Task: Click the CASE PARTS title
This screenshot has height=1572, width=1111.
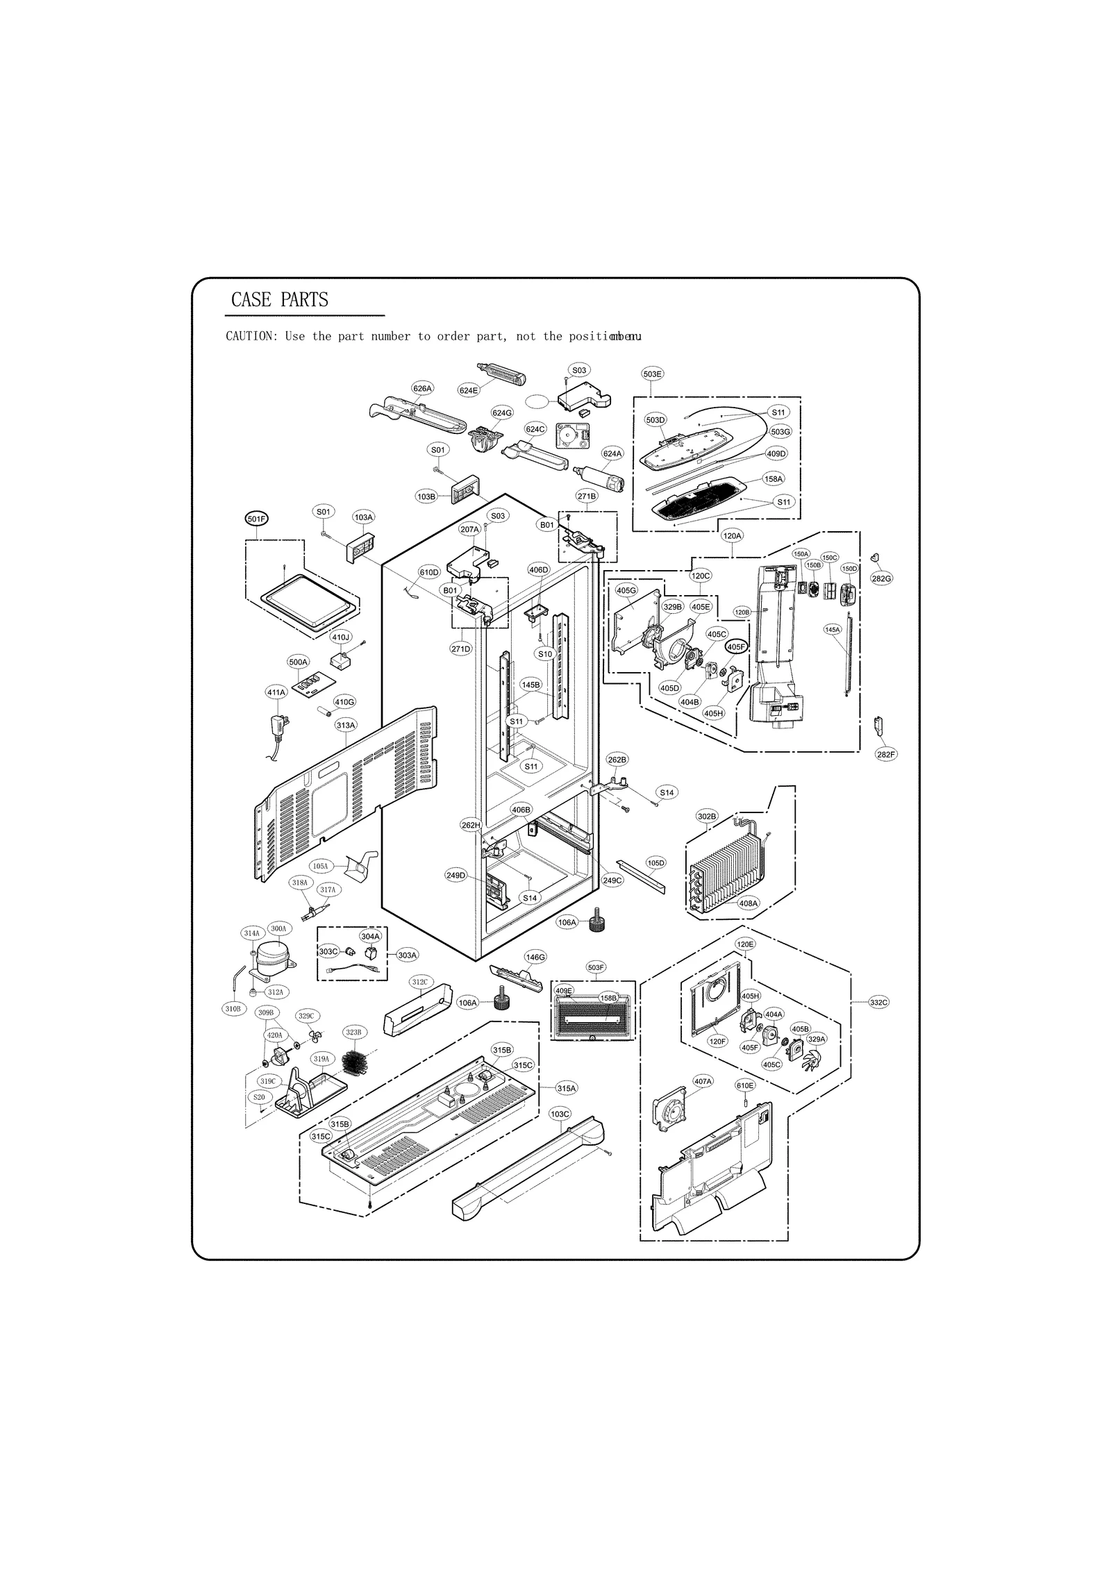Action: pos(279,300)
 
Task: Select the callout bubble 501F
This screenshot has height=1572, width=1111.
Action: pos(256,519)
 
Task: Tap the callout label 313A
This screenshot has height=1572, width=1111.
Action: pos(346,726)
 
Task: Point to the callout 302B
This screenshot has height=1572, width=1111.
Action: pos(707,816)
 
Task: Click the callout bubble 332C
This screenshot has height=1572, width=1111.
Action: pos(878,1003)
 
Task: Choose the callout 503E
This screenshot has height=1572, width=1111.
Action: pos(653,374)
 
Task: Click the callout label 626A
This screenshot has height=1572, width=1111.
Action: pos(422,389)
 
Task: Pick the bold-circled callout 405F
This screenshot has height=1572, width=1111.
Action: pos(736,646)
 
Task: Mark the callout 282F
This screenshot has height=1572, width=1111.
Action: pos(886,754)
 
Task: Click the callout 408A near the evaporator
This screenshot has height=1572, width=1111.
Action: pos(748,903)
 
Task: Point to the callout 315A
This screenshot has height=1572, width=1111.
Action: pos(567,1088)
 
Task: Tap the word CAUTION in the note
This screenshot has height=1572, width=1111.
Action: pos(251,337)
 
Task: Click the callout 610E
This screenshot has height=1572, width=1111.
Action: pos(744,1085)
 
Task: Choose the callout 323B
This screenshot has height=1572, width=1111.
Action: pos(353,1032)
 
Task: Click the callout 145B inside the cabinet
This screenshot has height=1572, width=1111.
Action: pos(531,685)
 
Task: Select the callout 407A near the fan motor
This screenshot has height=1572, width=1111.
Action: pos(703,1082)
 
